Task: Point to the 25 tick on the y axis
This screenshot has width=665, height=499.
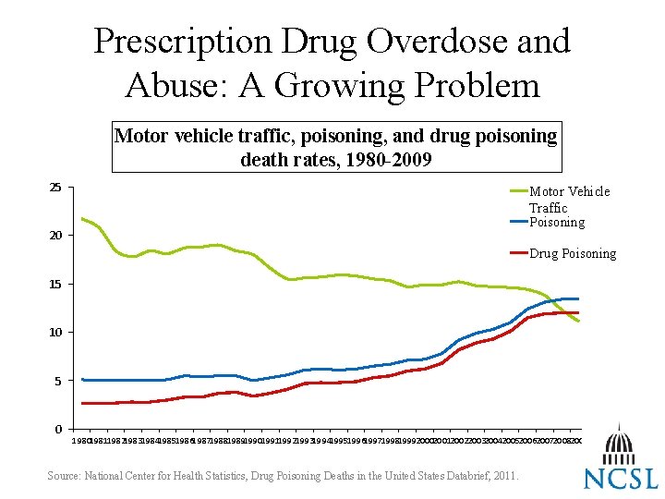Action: click(55, 188)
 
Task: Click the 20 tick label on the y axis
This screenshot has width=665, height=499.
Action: click(55, 236)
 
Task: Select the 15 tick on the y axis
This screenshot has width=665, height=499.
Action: click(55, 284)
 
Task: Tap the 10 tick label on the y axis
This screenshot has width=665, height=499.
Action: click(55, 332)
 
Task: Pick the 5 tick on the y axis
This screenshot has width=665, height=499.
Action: click(58, 380)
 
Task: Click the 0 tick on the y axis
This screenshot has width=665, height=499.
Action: click(58, 429)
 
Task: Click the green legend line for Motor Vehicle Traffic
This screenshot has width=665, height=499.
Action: click(518, 191)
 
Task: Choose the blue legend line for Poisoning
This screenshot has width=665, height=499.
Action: click(518, 222)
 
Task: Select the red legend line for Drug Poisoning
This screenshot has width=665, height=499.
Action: click(518, 253)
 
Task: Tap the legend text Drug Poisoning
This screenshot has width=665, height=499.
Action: click(573, 253)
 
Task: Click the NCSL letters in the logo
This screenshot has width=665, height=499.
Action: click(620, 478)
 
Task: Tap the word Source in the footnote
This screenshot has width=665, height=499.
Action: click(63, 476)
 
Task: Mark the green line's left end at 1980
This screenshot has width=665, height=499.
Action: click(82, 219)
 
